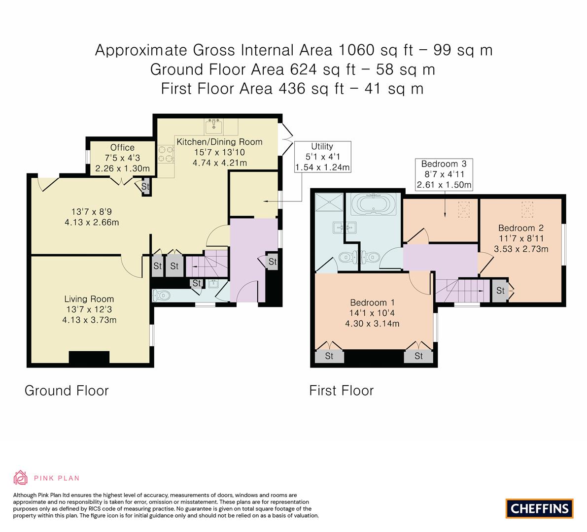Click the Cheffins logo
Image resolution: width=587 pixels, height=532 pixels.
click(539, 508)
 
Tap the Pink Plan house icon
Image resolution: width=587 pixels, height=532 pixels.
click(20, 478)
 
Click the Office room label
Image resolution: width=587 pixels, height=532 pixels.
click(122, 147)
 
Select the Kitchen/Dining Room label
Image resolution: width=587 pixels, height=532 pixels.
click(219, 142)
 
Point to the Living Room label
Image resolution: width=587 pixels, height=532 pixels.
click(89, 299)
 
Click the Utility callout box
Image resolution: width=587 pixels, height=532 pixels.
click(322, 157)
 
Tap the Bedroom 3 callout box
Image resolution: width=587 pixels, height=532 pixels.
click(444, 174)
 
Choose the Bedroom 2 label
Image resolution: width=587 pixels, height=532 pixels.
click(521, 228)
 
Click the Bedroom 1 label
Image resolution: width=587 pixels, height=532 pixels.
click(372, 302)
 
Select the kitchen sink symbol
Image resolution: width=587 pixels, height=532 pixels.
click(214, 127)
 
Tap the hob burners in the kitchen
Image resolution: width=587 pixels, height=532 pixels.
click(166, 154)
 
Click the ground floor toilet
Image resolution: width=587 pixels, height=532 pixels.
click(161, 296)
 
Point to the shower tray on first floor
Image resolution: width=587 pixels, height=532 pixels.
click(329, 202)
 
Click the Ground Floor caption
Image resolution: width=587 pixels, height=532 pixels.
click(67, 391)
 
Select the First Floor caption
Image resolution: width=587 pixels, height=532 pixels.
click(342, 391)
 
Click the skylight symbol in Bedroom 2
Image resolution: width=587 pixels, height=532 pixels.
click(527, 209)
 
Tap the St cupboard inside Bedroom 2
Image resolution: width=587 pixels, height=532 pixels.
click(501, 290)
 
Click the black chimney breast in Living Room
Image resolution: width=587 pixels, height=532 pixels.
click(89, 358)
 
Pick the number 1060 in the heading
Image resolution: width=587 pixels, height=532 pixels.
click(356, 50)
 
